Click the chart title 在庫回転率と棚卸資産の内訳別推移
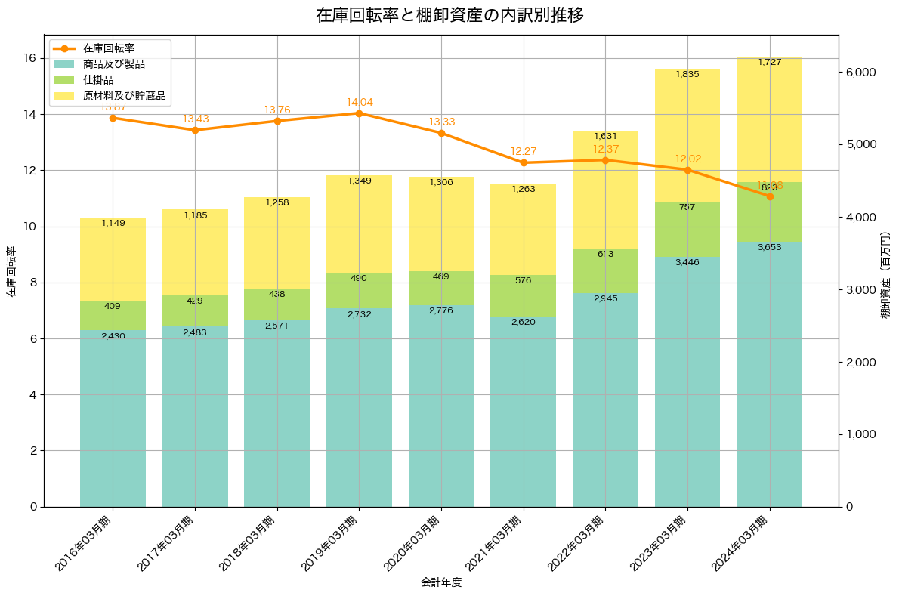(449, 15)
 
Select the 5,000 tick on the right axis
(860, 144)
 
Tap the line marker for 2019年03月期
(359, 113)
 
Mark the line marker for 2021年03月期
(524, 162)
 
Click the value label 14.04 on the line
(360, 102)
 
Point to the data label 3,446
(687, 262)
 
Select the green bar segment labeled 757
(687, 229)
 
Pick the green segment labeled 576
(524, 296)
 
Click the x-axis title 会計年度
(441, 582)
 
